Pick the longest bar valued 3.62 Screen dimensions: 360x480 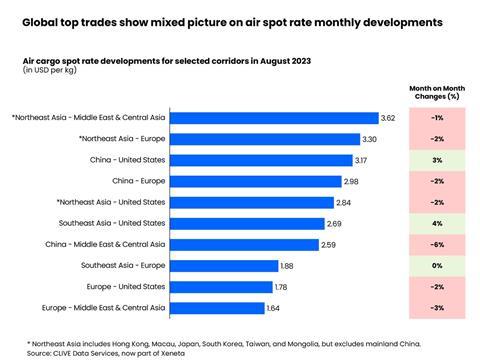[x=274, y=117]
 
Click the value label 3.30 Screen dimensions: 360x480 [x=369, y=138]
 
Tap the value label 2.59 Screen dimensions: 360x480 [x=333, y=244]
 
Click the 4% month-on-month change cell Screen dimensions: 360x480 [x=436, y=223]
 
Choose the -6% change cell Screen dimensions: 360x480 [x=436, y=244]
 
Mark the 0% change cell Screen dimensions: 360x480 [x=436, y=265]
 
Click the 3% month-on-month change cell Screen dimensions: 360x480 [x=436, y=159]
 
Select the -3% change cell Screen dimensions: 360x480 [x=436, y=307]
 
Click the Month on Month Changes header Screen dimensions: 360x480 [x=436, y=92]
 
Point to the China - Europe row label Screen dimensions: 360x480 [x=139, y=181]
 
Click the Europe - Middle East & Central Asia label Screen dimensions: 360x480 [x=103, y=307]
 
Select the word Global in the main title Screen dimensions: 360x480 [x=44, y=20]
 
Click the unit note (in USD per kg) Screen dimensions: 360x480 [x=53, y=71]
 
